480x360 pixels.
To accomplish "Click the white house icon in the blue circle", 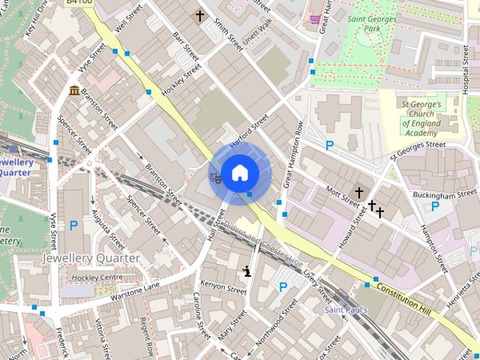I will [239, 172].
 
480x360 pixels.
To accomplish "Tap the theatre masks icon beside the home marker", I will [215, 177].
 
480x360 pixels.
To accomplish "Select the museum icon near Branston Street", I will [75, 91].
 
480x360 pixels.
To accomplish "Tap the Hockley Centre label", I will [97, 277].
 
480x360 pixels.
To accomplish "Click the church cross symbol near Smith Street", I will [200, 15].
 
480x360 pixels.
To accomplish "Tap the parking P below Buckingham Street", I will [435, 206].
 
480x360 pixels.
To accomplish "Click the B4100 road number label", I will [79, 3].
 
